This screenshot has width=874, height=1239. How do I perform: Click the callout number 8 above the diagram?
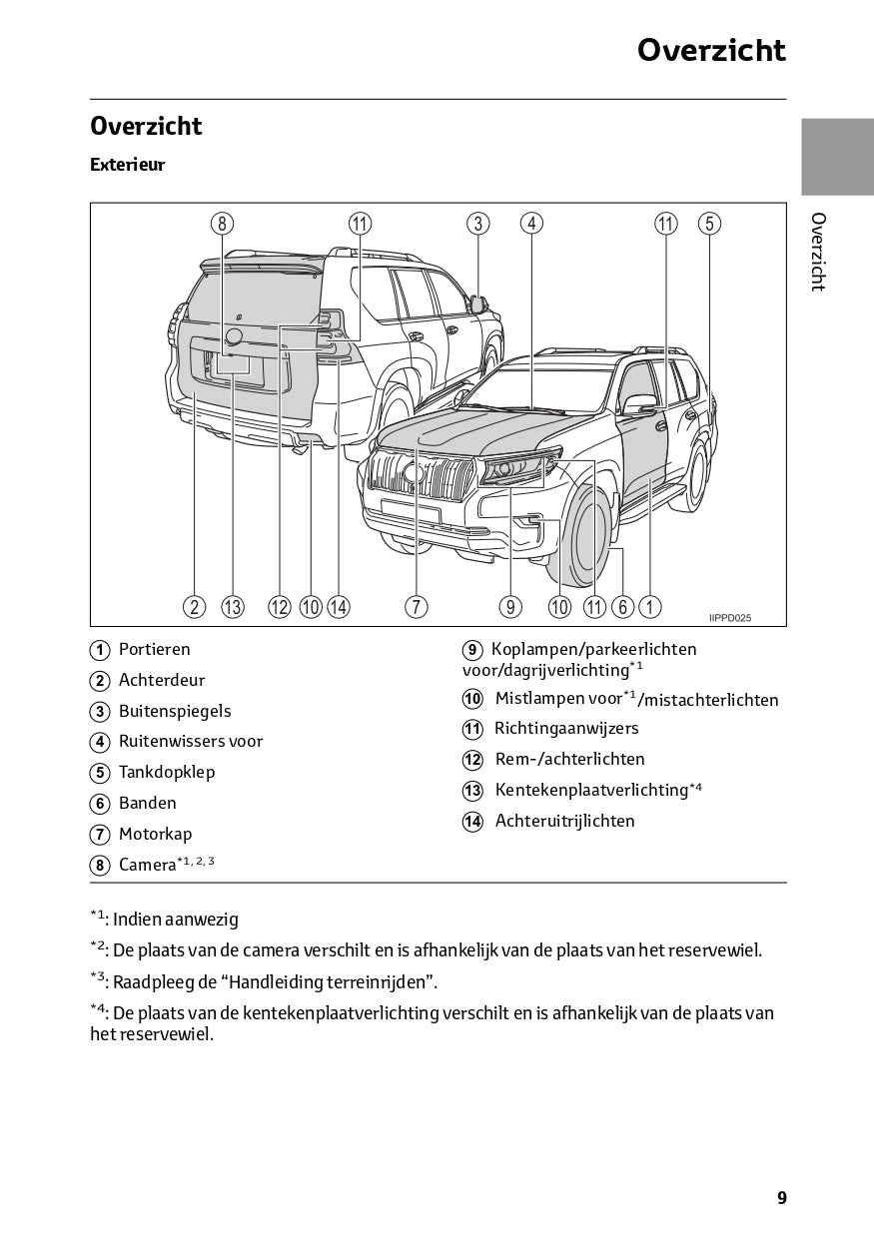pos(222,224)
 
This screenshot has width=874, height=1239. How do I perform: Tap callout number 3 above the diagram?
pos(478,224)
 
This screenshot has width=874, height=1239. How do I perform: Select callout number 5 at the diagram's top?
pos(709,224)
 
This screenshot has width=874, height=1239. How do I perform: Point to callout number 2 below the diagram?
pos(194,606)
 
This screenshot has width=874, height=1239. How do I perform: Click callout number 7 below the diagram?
pos(417,606)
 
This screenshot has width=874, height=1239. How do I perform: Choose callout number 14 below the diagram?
pos(339,606)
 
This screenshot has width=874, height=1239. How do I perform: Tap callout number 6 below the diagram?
pos(623,606)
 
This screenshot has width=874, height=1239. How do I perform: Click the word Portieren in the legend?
pos(154,649)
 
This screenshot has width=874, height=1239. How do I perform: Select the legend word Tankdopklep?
pos(167,772)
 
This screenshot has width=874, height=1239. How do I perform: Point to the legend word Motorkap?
pos(155,834)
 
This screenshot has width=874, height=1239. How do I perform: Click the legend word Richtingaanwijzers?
pos(566,728)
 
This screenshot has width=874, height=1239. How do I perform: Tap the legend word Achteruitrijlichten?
pos(564,821)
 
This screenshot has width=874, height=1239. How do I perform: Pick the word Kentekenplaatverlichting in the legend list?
pos(591,790)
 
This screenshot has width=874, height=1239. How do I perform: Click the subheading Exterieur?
pos(127,165)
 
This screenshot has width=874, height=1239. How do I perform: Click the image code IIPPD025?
pos(730,618)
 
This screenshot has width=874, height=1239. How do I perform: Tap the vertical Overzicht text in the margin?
pos(817,252)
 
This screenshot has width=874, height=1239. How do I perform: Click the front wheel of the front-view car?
pos(584,539)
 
